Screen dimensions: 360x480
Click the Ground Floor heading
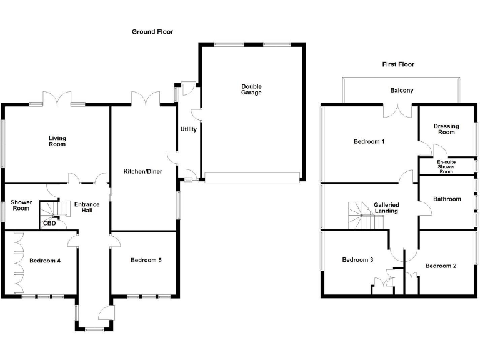tap(152, 32)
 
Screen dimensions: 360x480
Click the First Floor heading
tap(398, 64)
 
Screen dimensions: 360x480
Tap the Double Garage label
tap(252, 89)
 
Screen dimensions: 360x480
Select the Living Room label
tap(57, 141)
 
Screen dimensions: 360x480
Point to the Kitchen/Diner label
tap(142, 171)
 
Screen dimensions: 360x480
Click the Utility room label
tap(188, 129)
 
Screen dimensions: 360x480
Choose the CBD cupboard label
tap(49, 223)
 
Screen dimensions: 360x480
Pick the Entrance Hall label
tap(87, 207)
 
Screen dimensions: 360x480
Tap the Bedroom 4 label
tap(45, 261)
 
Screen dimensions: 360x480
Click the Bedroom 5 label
tap(146, 260)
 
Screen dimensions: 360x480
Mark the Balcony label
tap(402, 91)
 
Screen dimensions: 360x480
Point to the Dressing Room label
tap(446, 129)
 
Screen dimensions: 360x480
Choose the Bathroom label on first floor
tap(447, 199)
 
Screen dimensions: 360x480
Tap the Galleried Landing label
tap(386, 208)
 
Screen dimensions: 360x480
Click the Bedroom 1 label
tap(369, 141)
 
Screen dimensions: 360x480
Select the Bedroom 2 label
tap(441, 266)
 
